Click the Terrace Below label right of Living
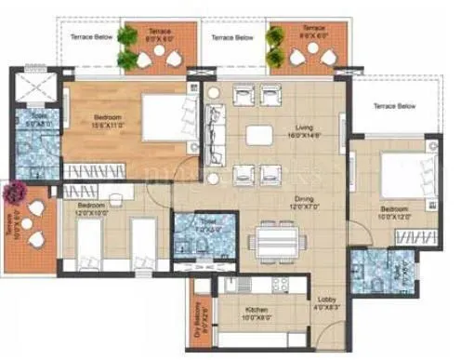tap(394, 107)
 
